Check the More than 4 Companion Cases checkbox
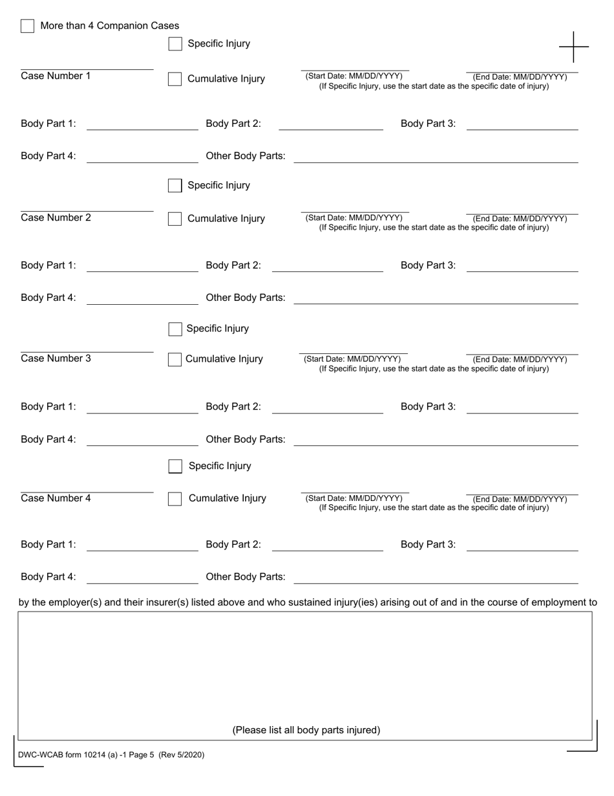click(x=27, y=26)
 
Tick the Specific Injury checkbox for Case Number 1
click(x=175, y=44)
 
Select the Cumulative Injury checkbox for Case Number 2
click(x=175, y=219)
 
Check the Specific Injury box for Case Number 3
click(x=175, y=329)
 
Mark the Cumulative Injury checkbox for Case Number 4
click(x=175, y=499)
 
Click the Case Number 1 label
click(x=56, y=76)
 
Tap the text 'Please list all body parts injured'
click(x=306, y=730)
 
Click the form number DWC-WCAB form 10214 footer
click(x=111, y=755)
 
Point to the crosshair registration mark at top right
click(x=573, y=47)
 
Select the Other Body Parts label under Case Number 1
click(x=245, y=156)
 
